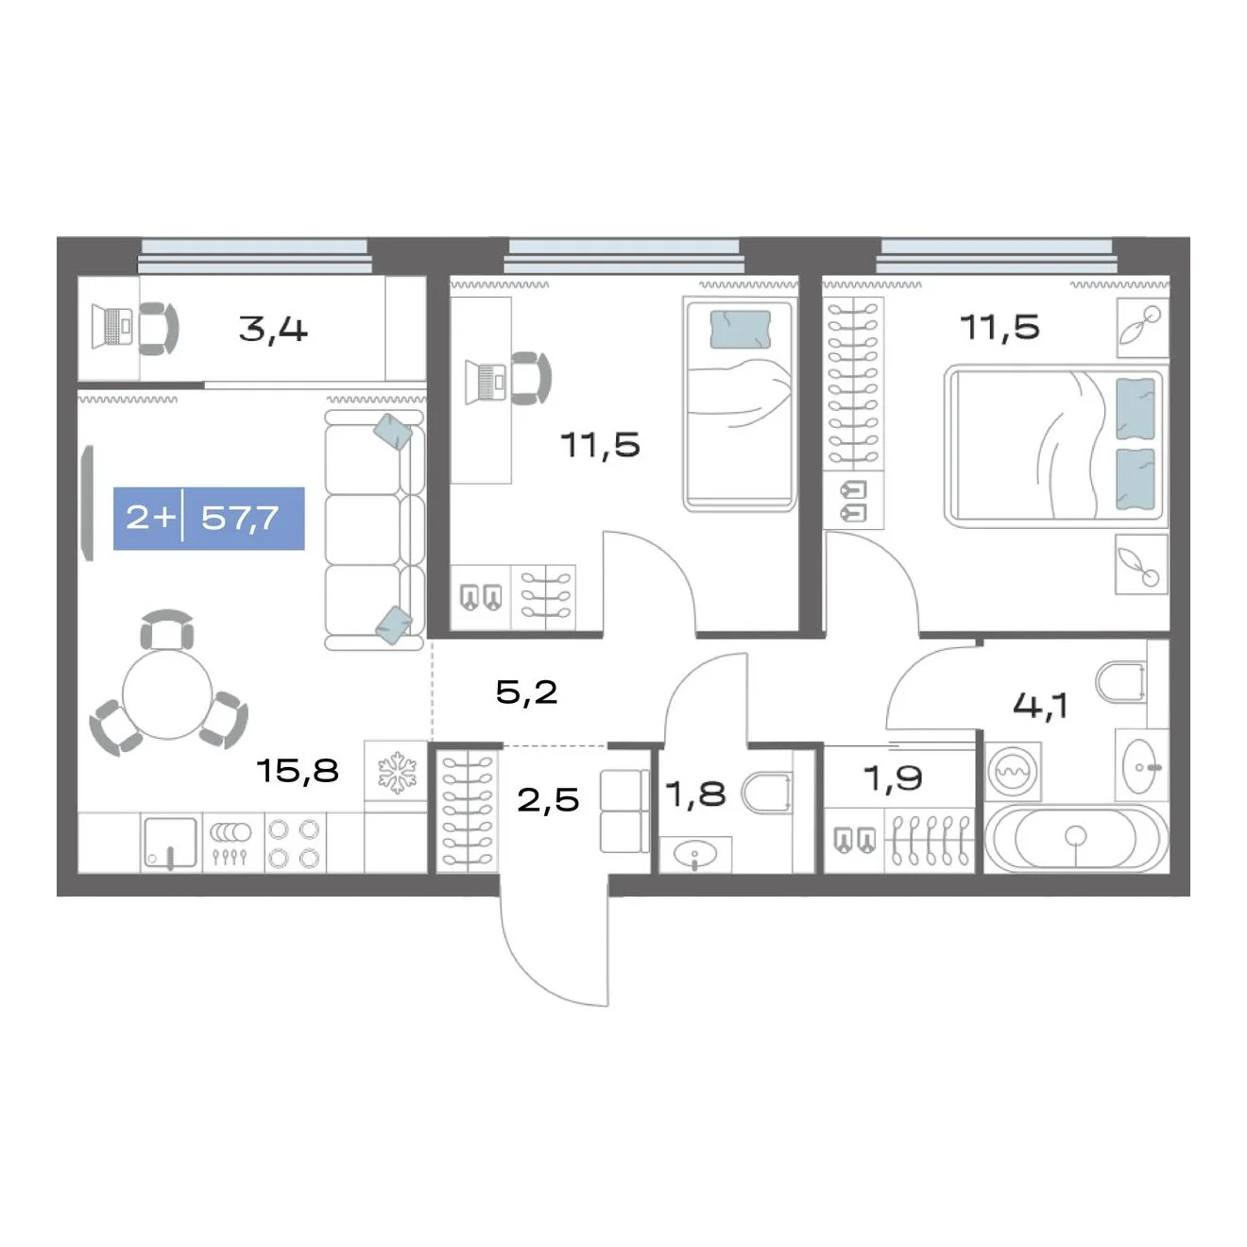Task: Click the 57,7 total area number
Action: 239,519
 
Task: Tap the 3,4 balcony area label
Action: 273,330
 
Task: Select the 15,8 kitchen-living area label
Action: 298,770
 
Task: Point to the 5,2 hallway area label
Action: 527,692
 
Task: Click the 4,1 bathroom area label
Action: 1040,705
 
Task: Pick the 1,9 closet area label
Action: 893,777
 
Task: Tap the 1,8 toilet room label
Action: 695,794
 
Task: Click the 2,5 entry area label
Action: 548,800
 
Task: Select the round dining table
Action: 167,693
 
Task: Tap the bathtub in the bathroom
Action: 1076,837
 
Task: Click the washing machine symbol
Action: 1014,770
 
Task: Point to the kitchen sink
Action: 170,842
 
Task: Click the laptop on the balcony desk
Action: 111,327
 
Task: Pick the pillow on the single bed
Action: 741,330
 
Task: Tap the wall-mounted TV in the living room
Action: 87,503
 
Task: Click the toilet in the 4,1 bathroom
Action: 1120,681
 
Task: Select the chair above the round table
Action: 167,629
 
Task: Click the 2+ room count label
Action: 149,518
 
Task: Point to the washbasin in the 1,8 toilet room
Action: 695,855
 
